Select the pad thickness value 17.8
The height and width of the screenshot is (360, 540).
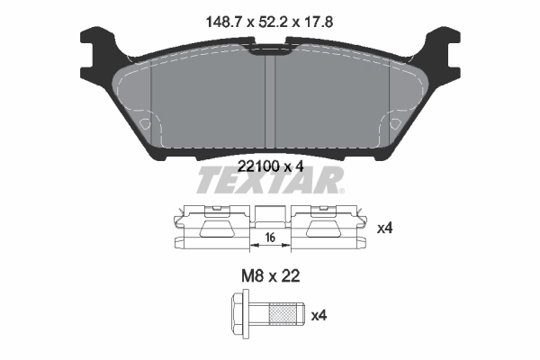[319, 22]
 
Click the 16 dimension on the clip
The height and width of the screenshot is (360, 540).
[270, 238]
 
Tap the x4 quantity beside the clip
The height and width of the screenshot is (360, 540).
[384, 229]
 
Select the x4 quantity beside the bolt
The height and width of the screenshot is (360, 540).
[319, 316]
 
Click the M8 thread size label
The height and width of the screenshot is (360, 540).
[252, 276]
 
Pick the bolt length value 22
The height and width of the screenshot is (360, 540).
[290, 276]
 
